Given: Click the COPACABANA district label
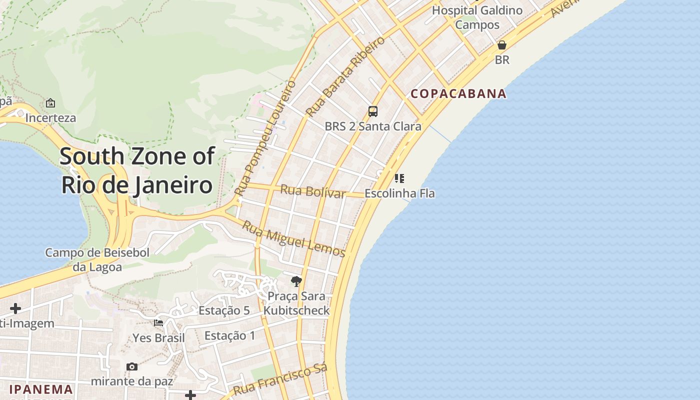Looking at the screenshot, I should [x=458, y=94].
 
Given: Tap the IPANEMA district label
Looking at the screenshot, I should [x=41, y=389].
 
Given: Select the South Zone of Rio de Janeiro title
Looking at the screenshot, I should [x=137, y=170].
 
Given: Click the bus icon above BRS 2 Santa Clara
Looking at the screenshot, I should [x=373, y=111].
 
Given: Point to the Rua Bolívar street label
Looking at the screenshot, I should [x=313, y=191].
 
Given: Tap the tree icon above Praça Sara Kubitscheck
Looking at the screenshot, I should [x=296, y=281].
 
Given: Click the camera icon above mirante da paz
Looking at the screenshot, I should [x=132, y=367].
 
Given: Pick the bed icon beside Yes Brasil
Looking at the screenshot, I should [x=158, y=323].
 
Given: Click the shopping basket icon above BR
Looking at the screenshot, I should [x=502, y=45].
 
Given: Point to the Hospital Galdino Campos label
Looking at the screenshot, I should [x=477, y=17].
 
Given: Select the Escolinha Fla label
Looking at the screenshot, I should [x=399, y=193].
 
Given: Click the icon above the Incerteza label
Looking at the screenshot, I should [x=50, y=103].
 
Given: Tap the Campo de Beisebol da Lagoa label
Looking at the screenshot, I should [x=97, y=259].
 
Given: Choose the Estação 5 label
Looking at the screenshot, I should [x=224, y=310].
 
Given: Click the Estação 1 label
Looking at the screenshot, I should [x=229, y=335].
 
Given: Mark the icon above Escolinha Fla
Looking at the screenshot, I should [x=399, y=178].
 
